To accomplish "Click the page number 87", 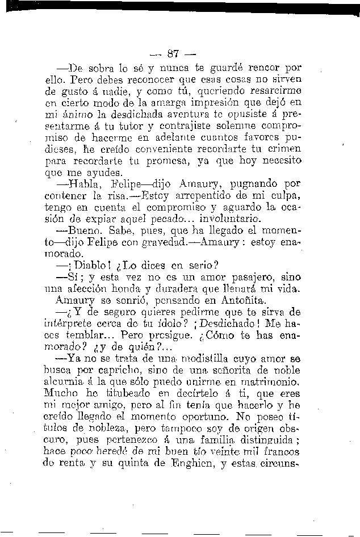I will click(174, 54).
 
